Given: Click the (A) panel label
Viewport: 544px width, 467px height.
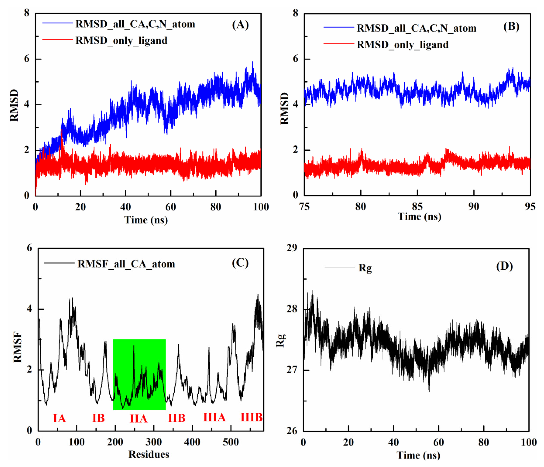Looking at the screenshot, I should pos(240,25).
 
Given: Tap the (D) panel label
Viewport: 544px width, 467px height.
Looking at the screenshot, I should pos(504,267).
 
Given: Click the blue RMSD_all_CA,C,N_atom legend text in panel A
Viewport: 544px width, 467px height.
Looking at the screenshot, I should pos(135,24).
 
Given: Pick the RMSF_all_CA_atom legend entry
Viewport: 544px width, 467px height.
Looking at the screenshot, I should pos(126,264).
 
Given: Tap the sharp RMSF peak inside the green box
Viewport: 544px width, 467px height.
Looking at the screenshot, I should pos(134,347).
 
